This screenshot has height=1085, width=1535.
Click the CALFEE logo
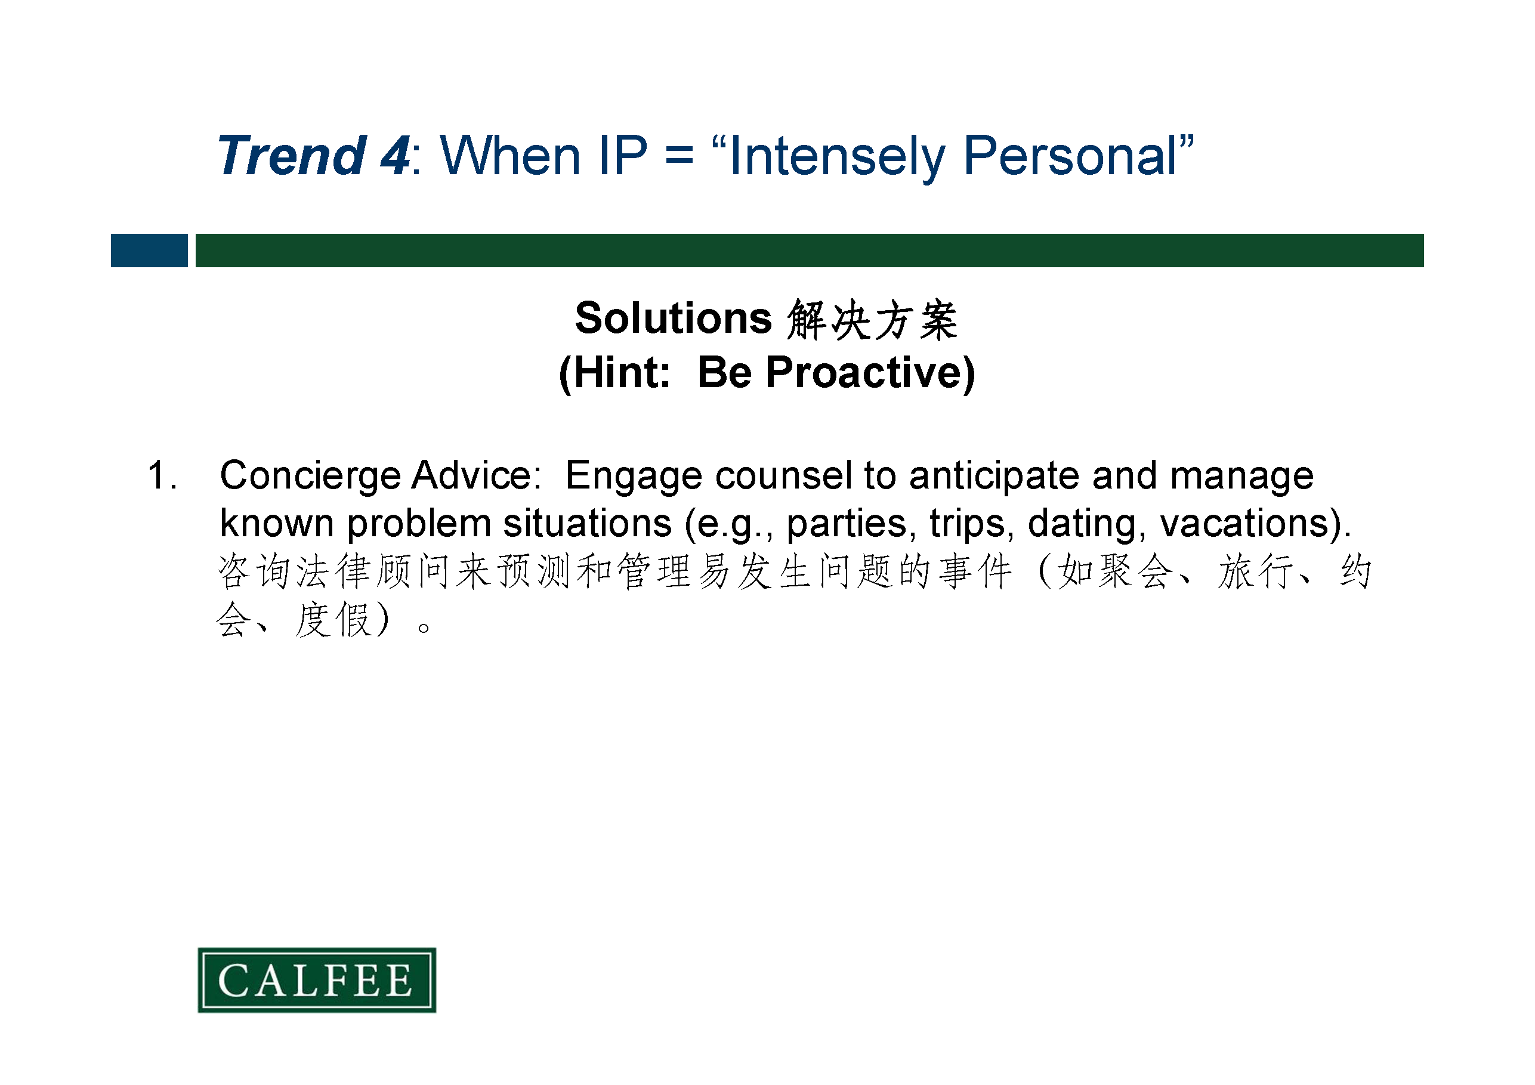pyautogui.click(x=317, y=980)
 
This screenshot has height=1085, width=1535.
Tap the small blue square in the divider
pyautogui.click(x=149, y=251)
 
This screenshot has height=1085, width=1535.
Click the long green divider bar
pyautogui.click(x=810, y=251)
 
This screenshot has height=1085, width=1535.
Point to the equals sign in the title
pyautogui.click(x=680, y=156)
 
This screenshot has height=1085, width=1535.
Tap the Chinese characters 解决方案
pyautogui.click(x=872, y=320)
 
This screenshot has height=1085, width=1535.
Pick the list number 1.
pyautogui.click(x=162, y=475)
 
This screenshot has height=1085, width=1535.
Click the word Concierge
pyautogui.click(x=310, y=477)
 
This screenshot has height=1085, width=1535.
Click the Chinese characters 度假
pyautogui.click(x=333, y=620)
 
